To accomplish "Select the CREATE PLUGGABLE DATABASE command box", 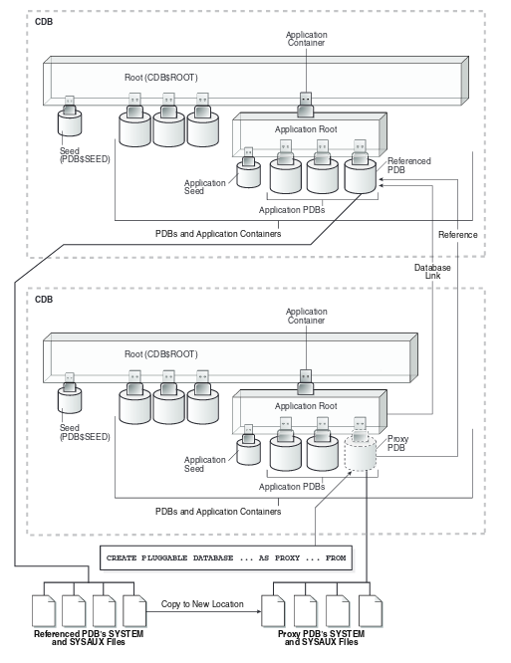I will [226, 557].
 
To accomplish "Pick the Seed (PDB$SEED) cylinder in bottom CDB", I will [70, 399].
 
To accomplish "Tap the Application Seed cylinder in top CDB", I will [249, 173].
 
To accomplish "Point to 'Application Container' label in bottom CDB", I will [306, 317].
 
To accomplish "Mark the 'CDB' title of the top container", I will [45, 21].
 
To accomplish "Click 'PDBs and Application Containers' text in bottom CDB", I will [218, 511].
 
